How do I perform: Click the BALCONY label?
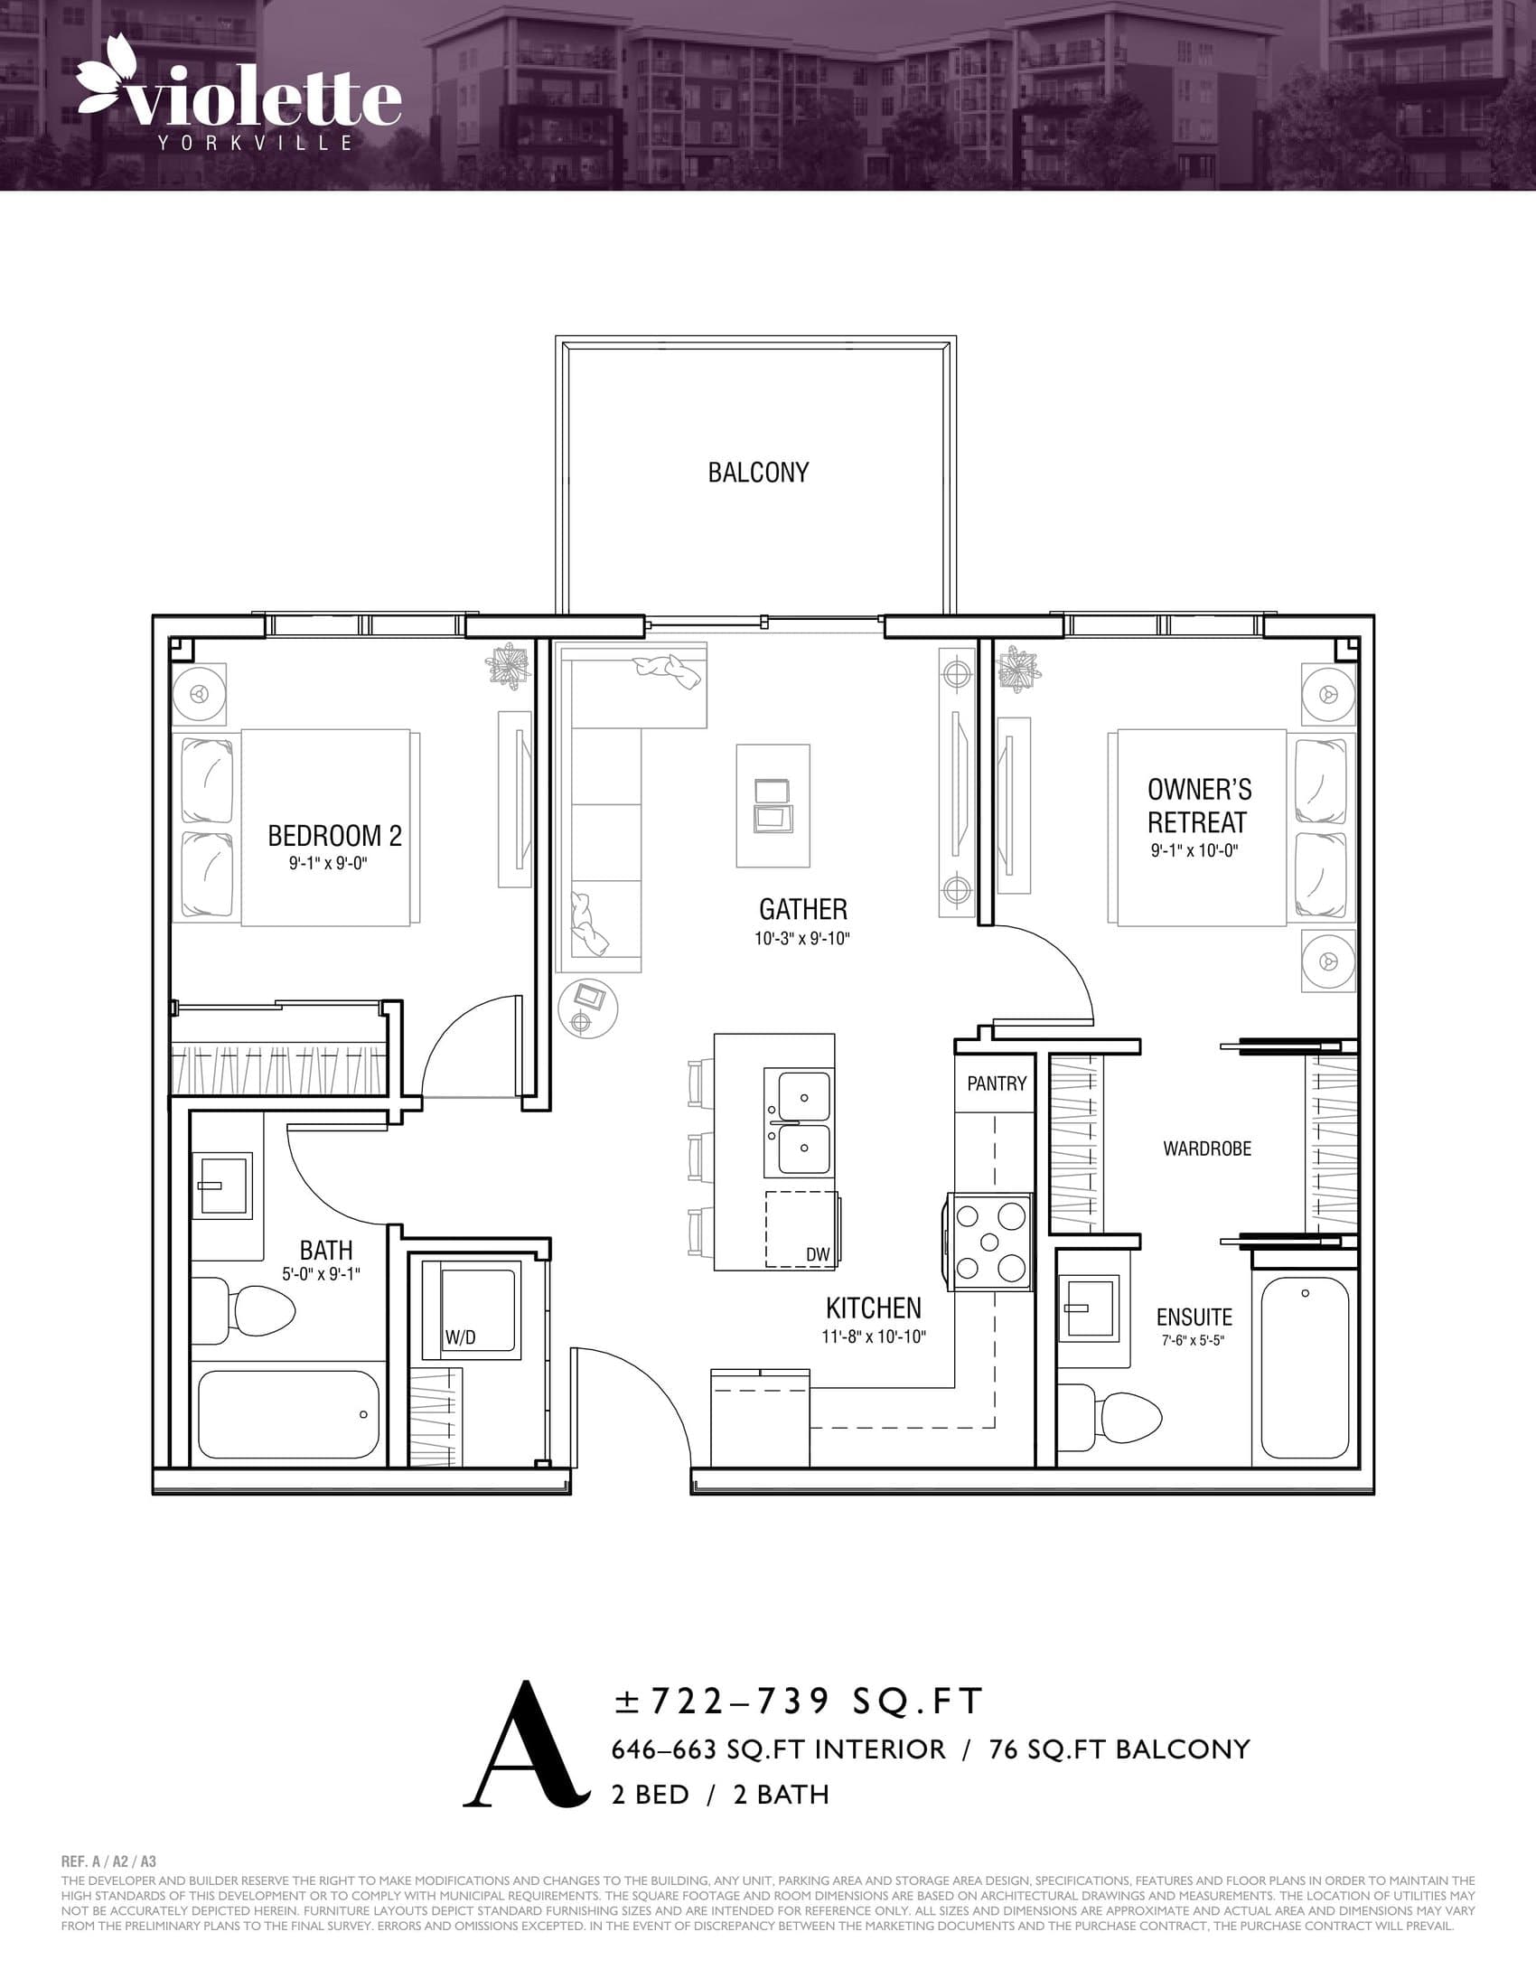point(758,473)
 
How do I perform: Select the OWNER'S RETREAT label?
point(1198,805)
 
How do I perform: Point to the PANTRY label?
point(997,1083)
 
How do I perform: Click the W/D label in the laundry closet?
point(461,1337)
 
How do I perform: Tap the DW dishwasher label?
point(817,1254)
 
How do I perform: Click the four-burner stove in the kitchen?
point(989,1242)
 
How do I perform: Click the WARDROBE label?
point(1206,1149)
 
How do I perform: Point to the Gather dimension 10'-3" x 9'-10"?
point(801,939)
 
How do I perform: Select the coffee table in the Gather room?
point(773,805)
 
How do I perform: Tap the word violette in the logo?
point(264,100)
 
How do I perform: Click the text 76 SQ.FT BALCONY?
point(1119,1749)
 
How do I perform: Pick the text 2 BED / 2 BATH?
point(720,1794)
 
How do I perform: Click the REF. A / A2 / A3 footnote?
point(108,1862)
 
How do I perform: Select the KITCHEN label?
point(873,1308)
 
